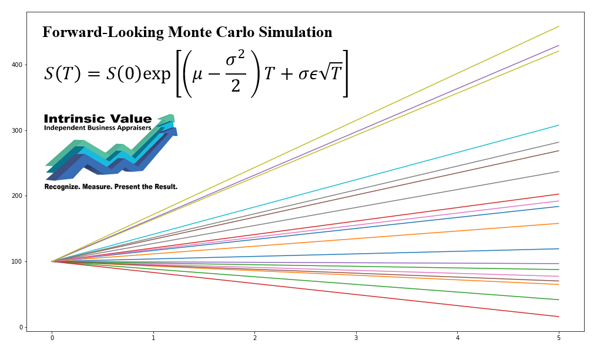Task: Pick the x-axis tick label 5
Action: tap(559, 338)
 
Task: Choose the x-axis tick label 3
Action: tap(356, 338)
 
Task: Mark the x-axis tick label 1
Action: tap(153, 338)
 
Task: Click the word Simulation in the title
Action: tap(291, 32)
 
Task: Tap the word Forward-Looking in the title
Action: tap(103, 32)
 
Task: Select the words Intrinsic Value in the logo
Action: tap(98, 119)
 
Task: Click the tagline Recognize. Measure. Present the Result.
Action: tap(110, 187)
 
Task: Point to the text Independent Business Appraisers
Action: tap(98, 128)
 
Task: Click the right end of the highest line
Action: tap(559, 26)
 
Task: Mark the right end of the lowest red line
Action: tap(559, 317)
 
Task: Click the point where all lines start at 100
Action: tap(52, 261)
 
